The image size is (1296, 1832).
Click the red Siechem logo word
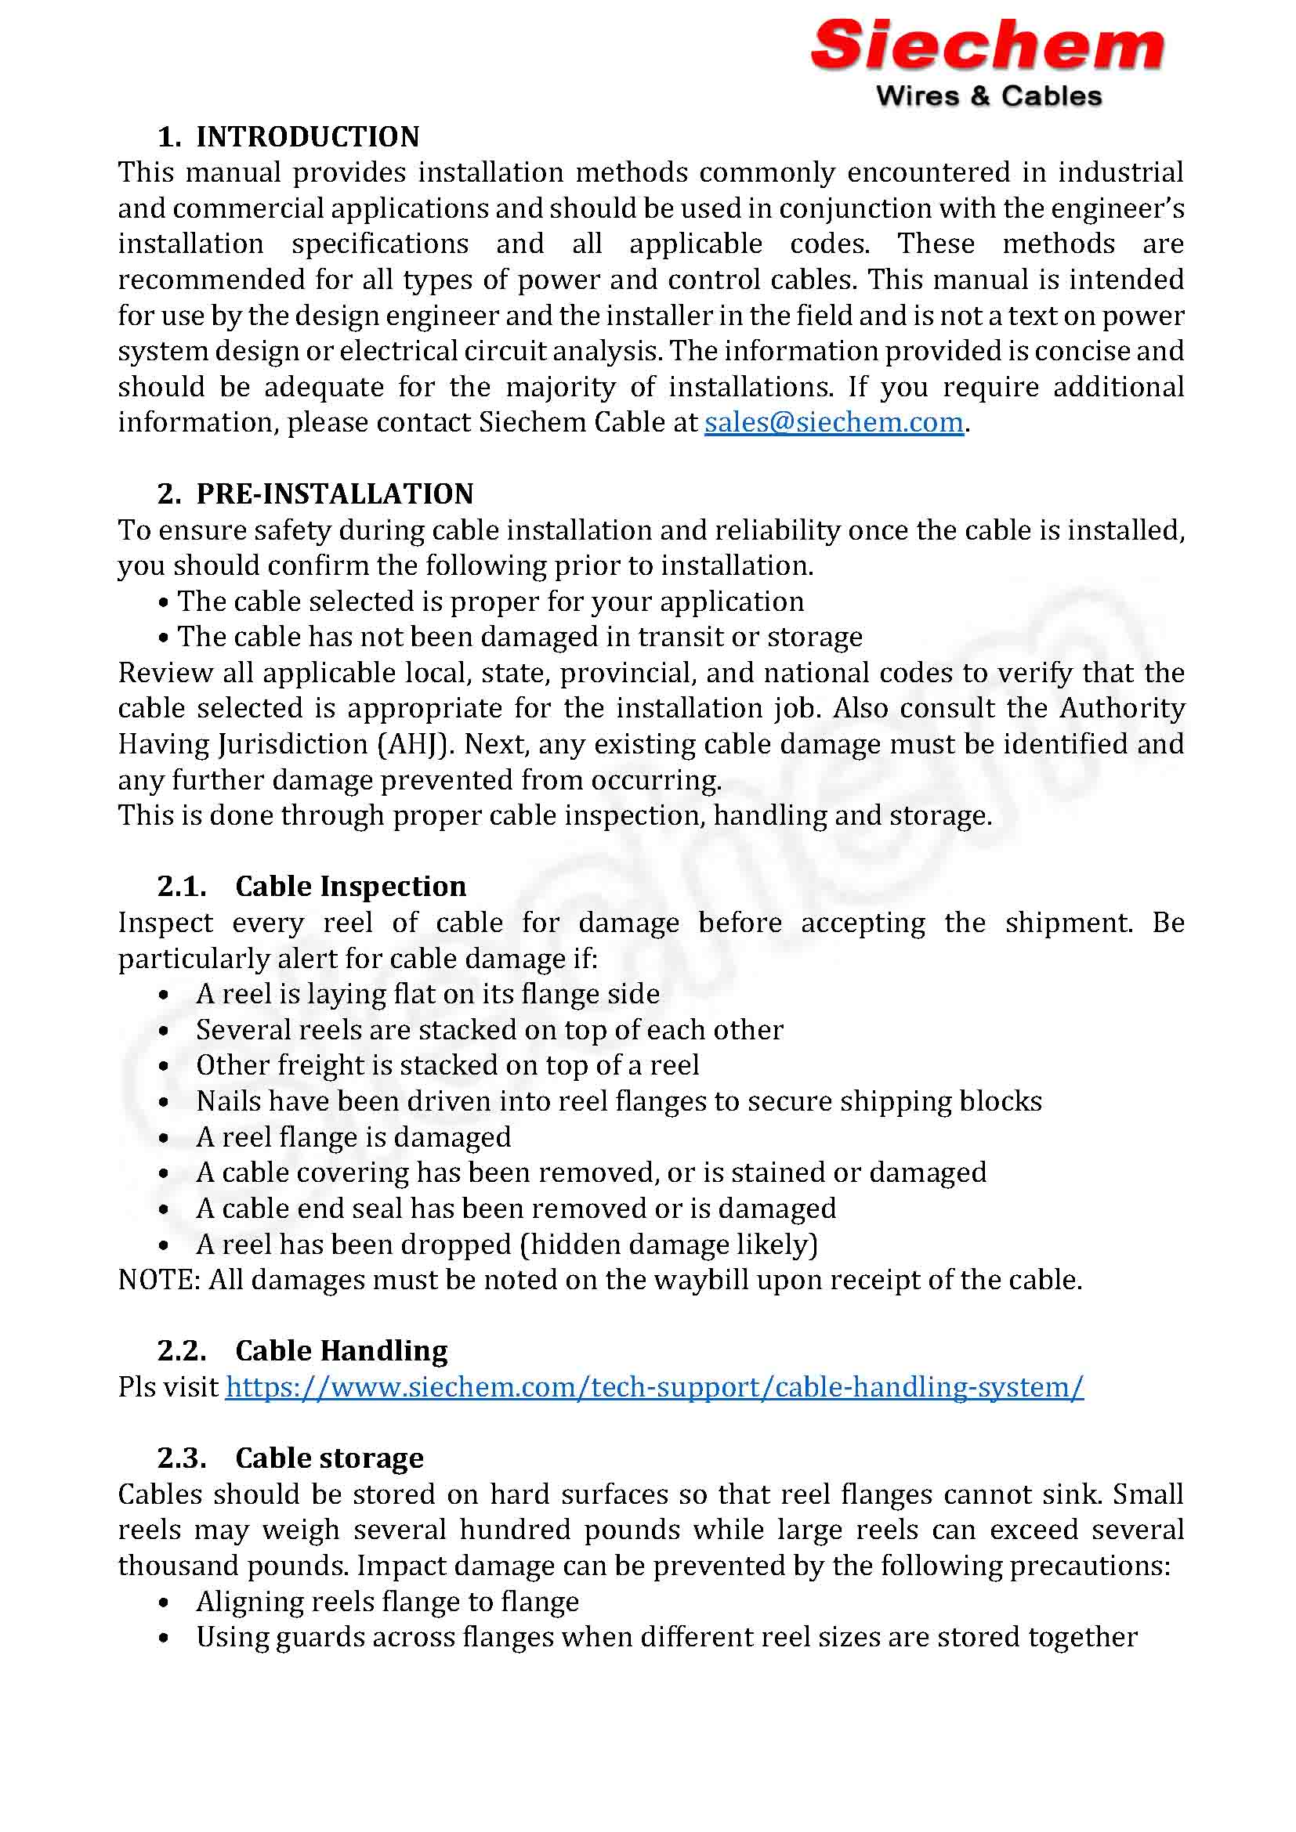pos(987,45)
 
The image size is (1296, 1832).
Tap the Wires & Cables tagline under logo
pos(989,96)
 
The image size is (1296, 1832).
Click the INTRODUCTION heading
pos(307,136)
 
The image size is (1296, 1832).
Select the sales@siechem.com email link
pos(833,422)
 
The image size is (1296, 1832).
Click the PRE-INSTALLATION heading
pos(335,494)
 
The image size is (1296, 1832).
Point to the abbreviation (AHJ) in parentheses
pos(415,744)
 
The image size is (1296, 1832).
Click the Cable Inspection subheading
pos(350,887)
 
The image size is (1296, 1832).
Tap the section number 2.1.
pos(182,887)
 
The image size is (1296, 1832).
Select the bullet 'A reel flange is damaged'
pos(353,1137)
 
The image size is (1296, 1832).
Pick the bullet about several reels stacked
pos(489,1030)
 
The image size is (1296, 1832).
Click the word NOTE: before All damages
pos(160,1280)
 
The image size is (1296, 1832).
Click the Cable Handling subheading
pos(341,1351)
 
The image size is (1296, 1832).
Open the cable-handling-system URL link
pos(653,1387)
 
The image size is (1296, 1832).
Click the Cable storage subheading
pos(329,1458)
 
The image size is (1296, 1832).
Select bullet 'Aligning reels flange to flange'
pos(387,1602)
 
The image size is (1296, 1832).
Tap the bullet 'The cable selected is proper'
pos(490,602)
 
